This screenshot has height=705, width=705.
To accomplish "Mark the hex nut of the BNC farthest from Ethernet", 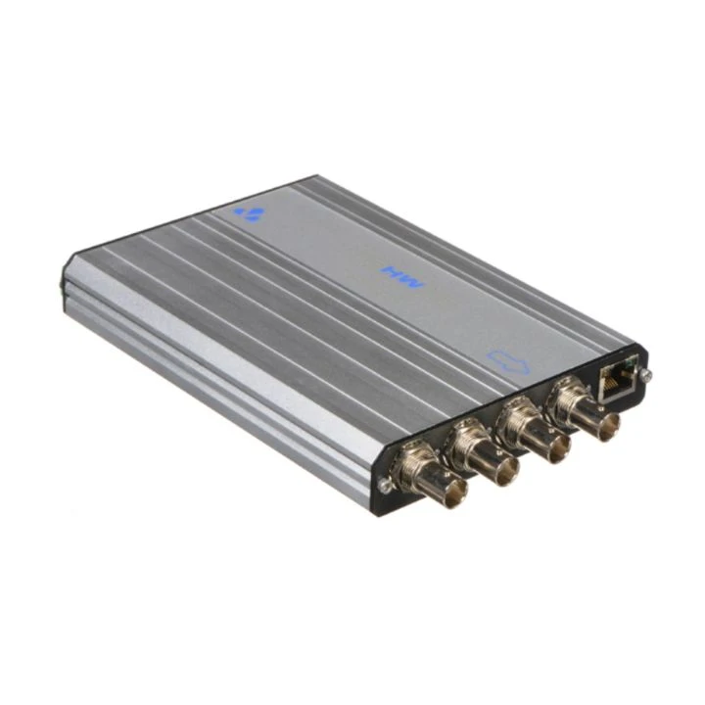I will click(411, 463).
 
